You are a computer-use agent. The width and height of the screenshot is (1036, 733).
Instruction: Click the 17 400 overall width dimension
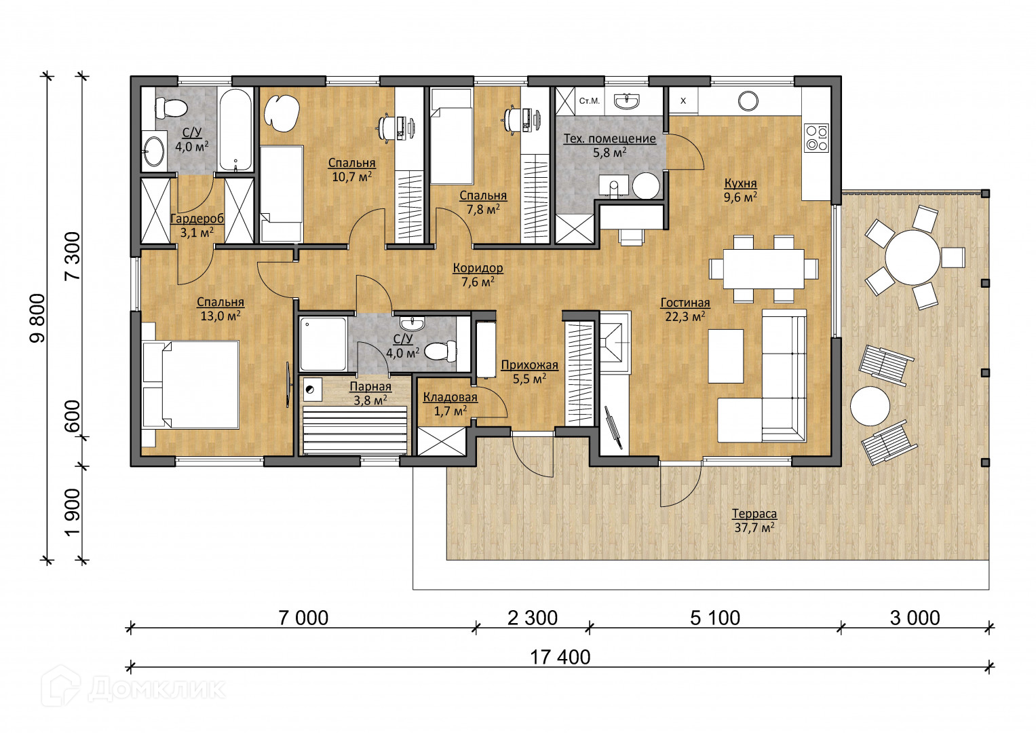point(560,658)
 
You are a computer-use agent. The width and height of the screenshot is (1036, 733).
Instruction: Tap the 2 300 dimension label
point(533,618)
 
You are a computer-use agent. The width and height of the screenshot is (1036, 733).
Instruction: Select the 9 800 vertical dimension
point(39,318)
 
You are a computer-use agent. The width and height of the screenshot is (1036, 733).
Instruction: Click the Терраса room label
point(754,514)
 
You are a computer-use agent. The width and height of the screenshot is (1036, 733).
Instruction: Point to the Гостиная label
point(685,303)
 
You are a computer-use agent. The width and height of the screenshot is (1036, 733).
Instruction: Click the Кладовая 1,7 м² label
point(450,404)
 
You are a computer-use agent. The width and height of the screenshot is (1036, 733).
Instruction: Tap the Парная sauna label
point(370,386)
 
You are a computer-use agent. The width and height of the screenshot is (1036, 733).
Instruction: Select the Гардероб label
point(197,219)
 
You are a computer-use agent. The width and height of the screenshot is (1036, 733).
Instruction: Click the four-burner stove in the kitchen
point(816,137)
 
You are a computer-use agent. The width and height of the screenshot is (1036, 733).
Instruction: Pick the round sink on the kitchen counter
point(748,101)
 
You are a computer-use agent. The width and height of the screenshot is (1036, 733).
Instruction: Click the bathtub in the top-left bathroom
point(235,130)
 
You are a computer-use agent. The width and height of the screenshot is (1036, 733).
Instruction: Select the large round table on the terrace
point(913,258)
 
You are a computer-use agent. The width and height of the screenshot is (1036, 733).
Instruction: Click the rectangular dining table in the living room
point(763,269)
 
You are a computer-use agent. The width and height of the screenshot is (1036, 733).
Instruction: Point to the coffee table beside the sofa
point(726,356)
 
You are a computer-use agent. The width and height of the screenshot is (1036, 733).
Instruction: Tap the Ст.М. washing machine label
point(589,100)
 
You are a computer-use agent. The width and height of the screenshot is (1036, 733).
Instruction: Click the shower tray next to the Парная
point(323,344)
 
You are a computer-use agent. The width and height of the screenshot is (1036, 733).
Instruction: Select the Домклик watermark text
point(156,689)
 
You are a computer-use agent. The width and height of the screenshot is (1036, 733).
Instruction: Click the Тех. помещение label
point(609,139)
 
